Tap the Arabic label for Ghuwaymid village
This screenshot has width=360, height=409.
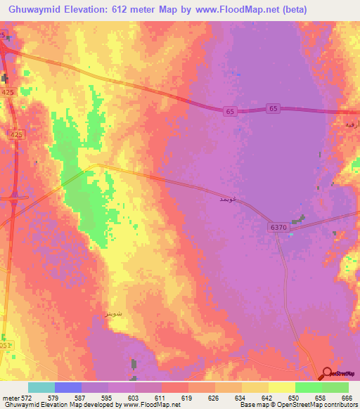219,200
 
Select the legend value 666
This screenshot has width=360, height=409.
346,398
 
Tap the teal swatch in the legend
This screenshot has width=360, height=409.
41,387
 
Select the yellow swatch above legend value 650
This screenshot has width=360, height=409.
282,387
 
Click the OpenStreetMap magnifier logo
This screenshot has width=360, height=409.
328,373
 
